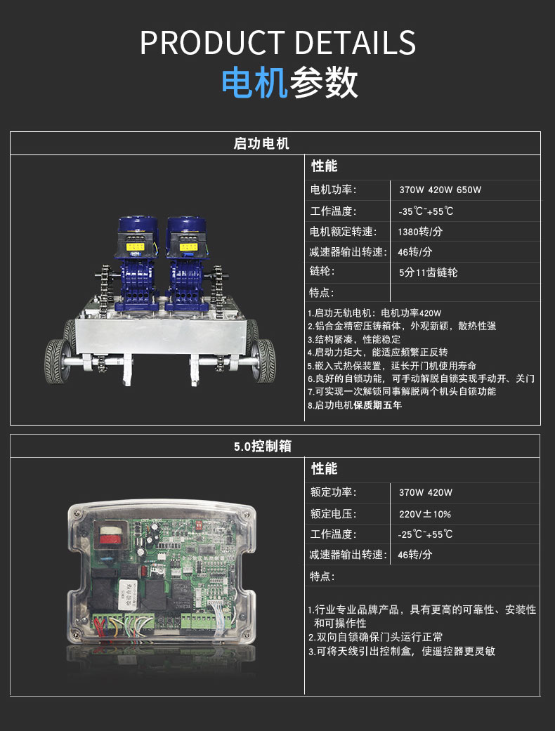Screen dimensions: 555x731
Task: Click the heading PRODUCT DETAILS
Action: pos(277,42)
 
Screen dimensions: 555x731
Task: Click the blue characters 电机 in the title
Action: pos(254,83)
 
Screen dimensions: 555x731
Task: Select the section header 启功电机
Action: pos(261,143)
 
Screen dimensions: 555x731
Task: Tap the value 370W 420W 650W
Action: pos(440,190)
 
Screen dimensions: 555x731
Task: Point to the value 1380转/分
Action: pos(420,232)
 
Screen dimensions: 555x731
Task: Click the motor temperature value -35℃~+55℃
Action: pos(426,211)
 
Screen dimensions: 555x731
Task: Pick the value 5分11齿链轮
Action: pos(428,272)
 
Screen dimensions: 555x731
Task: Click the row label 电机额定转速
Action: pos(344,232)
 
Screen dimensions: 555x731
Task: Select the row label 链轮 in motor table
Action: pos(322,271)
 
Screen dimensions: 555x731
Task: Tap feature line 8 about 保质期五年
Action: pos(355,405)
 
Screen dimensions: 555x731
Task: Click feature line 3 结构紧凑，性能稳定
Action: pos(353,339)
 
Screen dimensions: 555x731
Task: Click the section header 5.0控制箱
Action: pos(263,446)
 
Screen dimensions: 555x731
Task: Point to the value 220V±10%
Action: pos(425,514)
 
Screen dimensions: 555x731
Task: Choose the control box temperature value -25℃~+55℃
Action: pos(425,534)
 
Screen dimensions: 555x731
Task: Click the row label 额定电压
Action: pos(334,514)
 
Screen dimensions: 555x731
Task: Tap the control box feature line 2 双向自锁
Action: pos(375,637)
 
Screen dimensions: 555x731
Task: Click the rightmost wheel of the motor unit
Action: pos(263,361)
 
